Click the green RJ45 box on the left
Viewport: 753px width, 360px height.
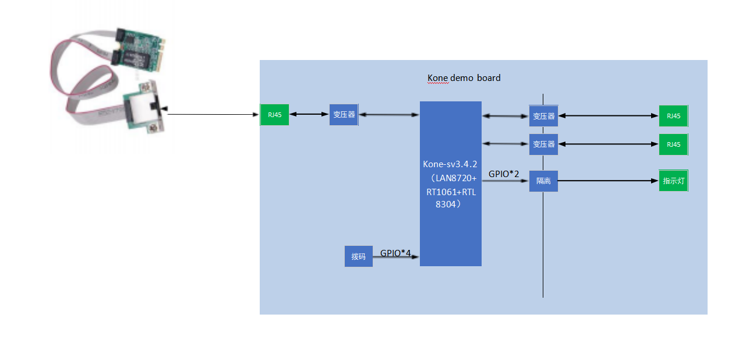(x=275, y=115)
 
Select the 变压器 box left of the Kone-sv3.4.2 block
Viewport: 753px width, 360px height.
(x=344, y=115)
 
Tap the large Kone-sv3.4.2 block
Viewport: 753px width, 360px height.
(x=450, y=183)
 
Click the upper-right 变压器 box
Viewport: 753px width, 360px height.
(x=543, y=116)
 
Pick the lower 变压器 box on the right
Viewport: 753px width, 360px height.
(x=543, y=144)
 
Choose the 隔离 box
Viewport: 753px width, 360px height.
(x=543, y=181)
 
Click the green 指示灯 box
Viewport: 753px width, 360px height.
(x=673, y=181)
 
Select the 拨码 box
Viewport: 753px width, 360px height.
(x=358, y=256)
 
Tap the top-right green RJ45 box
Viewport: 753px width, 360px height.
(x=673, y=116)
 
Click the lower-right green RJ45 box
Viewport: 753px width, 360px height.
(x=673, y=144)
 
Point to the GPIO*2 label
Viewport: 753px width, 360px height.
(x=504, y=174)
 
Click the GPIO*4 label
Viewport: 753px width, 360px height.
(x=395, y=253)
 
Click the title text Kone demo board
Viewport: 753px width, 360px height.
(x=464, y=78)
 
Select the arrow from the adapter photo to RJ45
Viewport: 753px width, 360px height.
(x=213, y=114)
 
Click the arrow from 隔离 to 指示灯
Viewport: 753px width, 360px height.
(x=608, y=181)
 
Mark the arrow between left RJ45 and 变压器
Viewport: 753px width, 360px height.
(x=309, y=114)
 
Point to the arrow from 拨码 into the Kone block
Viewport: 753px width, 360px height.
(x=395, y=257)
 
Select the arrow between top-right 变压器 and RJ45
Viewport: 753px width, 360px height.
(x=609, y=115)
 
